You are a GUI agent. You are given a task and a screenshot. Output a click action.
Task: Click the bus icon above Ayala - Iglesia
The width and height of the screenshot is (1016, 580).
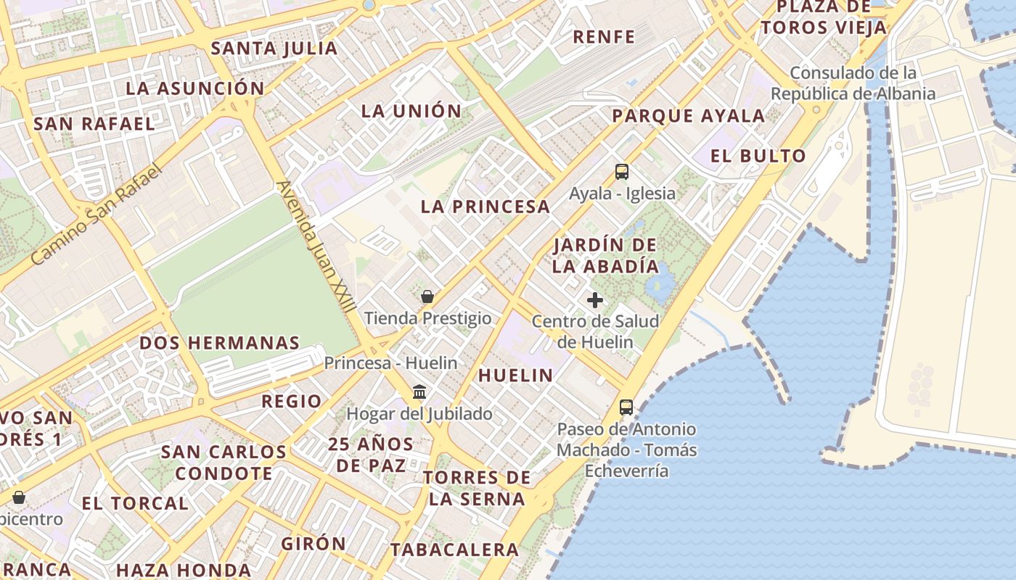pos(622,172)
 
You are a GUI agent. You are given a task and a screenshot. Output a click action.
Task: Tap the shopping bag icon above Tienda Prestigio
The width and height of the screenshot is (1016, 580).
pos(427,297)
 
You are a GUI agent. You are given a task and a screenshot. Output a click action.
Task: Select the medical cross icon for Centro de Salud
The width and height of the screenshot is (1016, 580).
pos(595,300)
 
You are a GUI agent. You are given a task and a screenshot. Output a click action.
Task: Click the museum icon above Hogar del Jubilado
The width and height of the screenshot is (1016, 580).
pos(419,392)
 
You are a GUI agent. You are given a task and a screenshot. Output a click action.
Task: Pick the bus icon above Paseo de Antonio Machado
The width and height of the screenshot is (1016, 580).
pos(626,407)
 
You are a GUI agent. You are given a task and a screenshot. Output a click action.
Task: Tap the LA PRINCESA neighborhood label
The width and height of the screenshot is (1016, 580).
pos(486,207)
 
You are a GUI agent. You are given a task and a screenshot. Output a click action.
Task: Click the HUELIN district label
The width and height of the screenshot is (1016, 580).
pos(516,375)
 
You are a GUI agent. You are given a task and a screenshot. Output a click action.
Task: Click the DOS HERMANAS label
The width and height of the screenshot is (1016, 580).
pos(220,343)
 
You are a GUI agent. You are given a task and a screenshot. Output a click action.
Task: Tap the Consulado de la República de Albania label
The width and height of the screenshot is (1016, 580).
pos(853,83)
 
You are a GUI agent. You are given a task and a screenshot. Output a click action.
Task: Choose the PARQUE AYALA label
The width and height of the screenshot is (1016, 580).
pos(688,116)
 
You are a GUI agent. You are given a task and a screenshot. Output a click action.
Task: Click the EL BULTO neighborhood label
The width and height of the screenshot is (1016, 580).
pos(758,156)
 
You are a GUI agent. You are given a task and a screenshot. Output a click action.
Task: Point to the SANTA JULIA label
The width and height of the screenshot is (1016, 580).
pos(274,49)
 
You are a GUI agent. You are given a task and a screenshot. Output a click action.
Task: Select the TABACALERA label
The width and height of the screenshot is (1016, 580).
pos(455,550)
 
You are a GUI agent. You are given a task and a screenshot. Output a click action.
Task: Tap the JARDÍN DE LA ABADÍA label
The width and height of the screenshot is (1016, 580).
pos(605,255)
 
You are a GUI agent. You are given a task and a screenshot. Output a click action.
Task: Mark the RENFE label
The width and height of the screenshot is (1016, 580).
pos(604,36)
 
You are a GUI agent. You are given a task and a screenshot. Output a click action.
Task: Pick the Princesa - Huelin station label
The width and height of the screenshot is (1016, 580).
pos(390,362)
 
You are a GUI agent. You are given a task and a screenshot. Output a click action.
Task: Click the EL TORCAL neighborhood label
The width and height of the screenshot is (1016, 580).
pos(135,502)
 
